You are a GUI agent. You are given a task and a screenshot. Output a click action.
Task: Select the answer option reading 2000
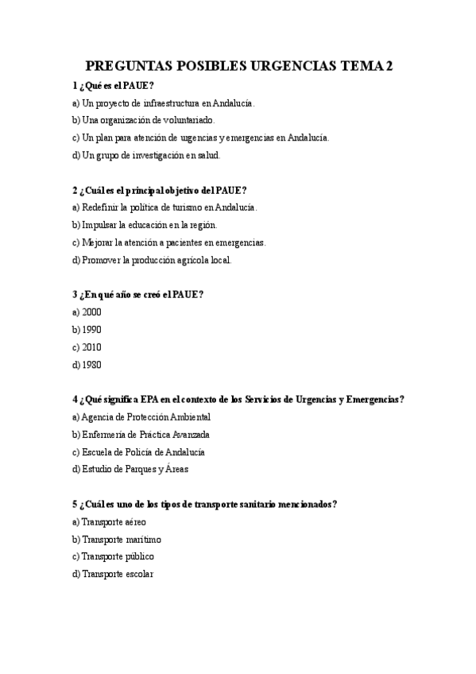pyautogui.click(x=91, y=312)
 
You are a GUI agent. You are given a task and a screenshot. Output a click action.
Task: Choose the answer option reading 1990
pyautogui.click(x=91, y=330)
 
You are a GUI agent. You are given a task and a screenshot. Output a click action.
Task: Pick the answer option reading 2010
pyautogui.click(x=91, y=347)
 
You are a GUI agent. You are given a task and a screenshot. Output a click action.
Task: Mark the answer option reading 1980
pyautogui.click(x=91, y=365)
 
